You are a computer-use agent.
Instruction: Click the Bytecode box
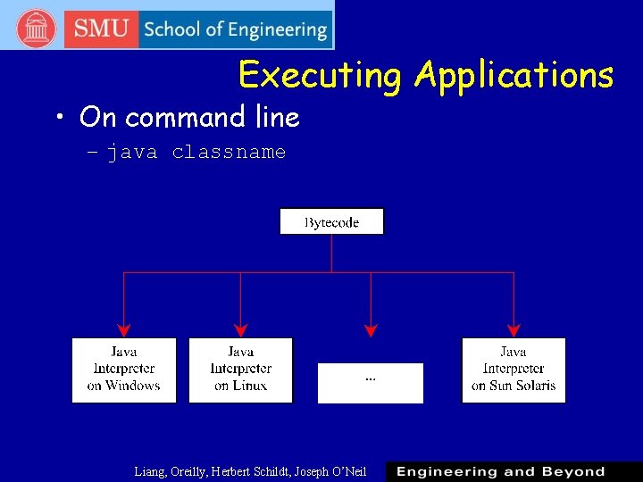[331, 221]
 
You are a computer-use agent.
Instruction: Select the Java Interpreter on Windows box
[124, 370]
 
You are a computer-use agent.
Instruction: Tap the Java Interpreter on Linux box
[240, 370]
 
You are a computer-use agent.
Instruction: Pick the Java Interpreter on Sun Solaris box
[514, 370]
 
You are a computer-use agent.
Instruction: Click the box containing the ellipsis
[371, 383]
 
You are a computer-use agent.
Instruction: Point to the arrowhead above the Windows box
[124, 330]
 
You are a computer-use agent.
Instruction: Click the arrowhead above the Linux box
[240, 330]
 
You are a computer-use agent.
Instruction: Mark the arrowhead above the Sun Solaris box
[514, 330]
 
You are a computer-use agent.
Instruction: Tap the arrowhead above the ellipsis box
[371, 330]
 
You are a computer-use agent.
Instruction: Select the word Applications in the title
[514, 75]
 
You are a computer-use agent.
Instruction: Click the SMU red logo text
[101, 29]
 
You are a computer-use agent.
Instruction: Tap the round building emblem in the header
[37, 29]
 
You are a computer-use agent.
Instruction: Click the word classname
[229, 153]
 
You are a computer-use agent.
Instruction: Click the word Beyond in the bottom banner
[573, 471]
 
